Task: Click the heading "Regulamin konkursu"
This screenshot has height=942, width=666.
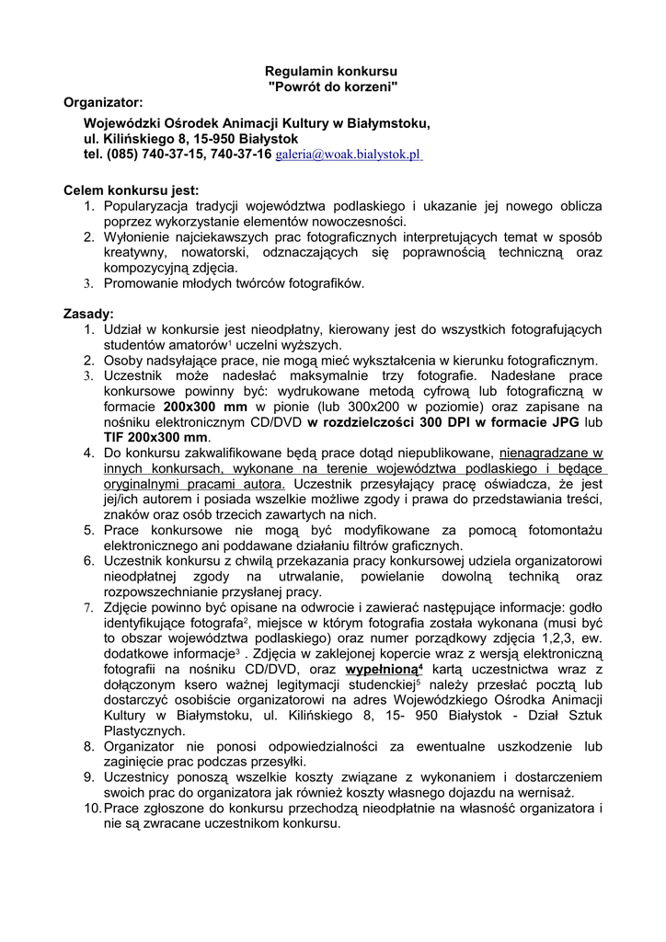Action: tap(331, 71)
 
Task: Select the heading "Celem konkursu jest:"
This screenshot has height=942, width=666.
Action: tap(131, 190)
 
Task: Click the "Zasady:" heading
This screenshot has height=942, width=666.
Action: tap(88, 313)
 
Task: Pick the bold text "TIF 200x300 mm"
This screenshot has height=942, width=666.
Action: tap(156, 437)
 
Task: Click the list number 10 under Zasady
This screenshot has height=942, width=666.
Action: tap(91, 809)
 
